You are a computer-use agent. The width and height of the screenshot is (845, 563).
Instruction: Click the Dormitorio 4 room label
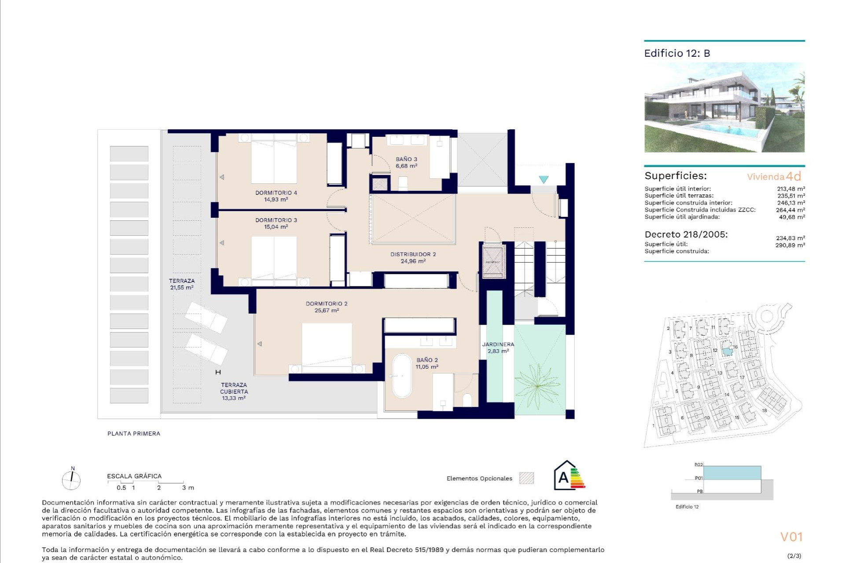point(276,196)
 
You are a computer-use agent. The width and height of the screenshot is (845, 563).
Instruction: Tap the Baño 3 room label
point(406,162)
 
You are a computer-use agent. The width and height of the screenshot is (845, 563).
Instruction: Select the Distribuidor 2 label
point(413,257)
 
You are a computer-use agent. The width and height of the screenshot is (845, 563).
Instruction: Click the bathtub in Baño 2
point(401,376)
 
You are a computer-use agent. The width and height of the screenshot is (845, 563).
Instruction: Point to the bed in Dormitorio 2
point(327,345)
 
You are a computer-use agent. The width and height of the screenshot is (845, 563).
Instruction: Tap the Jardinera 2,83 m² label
point(498,347)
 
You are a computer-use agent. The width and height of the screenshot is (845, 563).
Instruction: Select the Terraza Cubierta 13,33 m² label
point(234,391)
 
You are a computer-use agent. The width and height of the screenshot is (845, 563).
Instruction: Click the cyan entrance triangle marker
point(544,179)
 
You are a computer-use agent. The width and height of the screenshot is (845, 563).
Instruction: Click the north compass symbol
point(71,479)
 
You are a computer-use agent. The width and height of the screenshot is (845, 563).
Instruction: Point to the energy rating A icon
point(569,476)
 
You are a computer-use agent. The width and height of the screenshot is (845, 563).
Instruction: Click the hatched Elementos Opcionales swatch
point(526,478)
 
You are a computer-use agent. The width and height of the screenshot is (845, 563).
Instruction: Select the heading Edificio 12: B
point(677,53)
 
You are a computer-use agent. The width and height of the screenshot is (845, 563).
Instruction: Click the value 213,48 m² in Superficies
point(790,189)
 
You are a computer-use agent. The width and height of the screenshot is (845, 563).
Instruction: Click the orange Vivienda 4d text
point(774,176)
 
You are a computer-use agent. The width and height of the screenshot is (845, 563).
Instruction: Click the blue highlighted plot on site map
point(727,352)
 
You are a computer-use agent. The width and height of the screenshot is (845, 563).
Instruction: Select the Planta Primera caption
point(134,433)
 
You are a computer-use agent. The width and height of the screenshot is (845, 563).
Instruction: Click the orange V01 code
point(791,537)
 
